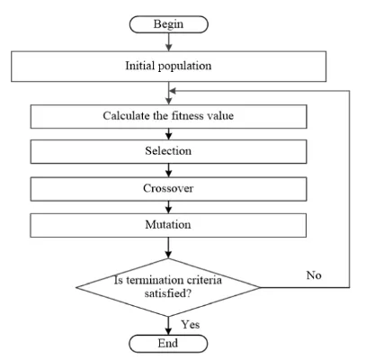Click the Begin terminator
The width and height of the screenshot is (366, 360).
[168, 24]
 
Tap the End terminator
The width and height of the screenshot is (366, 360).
[168, 344]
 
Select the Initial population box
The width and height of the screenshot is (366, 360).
[168, 67]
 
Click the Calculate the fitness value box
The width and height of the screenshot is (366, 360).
[168, 116]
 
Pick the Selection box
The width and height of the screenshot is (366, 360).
[168, 151]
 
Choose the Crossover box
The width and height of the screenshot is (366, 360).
[168, 189]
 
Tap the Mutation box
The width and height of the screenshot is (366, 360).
[168, 225]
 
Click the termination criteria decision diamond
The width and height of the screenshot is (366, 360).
[168, 287]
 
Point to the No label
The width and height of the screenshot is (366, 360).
[314, 275]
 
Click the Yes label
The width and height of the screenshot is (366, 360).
[191, 324]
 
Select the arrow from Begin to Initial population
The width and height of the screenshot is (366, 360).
[169, 41]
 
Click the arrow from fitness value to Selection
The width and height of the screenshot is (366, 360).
[168, 134]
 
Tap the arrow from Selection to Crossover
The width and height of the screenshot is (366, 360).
[168, 170]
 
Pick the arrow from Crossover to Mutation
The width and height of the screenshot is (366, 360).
[168, 207]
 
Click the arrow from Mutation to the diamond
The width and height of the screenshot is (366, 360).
[168, 247]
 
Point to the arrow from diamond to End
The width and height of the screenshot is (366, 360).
[168, 326]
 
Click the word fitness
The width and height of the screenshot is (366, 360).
[184, 116]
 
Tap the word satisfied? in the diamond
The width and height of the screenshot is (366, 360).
[167, 293]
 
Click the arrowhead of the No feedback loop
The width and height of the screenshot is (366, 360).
[172, 91]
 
